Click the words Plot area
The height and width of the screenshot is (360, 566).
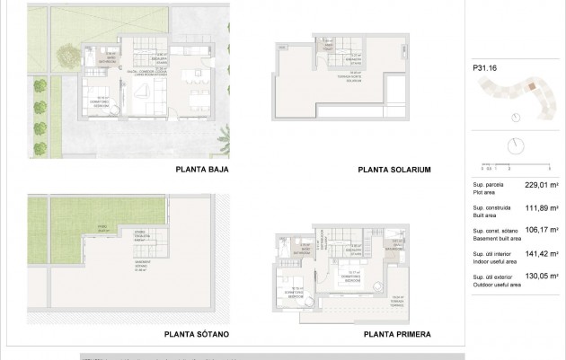pyautogui.click(x=485, y=192)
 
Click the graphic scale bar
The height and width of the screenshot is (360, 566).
pyautogui.click(x=510, y=164)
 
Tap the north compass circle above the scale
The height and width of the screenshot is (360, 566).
pyautogui.click(x=515, y=145)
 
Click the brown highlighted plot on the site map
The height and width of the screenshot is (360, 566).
pyautogui.click(x=531, y=87)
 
